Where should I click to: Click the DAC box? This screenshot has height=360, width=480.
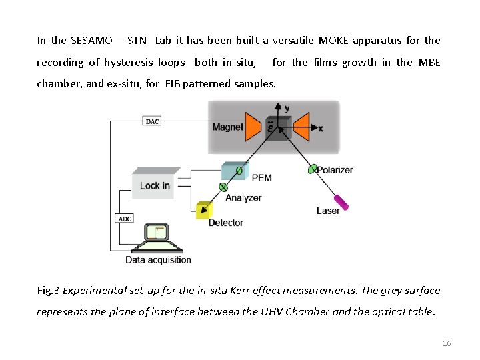click(152, 121)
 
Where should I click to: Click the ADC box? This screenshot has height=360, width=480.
click(125, 219)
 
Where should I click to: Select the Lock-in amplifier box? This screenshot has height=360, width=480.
click(155, 185)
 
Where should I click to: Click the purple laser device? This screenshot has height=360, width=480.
click(341, 201)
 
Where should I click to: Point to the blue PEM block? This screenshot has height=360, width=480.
click(233, 171)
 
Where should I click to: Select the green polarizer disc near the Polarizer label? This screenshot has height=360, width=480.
click(312, 169)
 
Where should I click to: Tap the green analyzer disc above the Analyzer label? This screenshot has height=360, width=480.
click(223, 187)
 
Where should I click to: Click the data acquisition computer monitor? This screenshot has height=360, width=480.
click(159, 234)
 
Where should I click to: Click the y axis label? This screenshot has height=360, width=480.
click(287, 108)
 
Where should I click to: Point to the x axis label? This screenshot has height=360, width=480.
click(321, 128)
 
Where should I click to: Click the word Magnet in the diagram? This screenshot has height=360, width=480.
click(227, 127)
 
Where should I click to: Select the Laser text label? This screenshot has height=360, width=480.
click(328, 211)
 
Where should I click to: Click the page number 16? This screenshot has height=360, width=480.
click(447, 343)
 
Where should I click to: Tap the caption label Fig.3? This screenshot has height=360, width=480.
click(49, 290)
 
